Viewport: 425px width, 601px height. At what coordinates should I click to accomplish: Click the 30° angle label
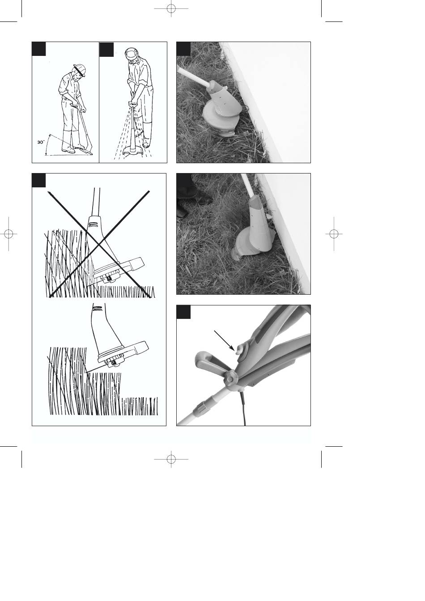(40, 142)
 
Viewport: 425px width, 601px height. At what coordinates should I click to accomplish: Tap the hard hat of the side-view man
(80, 70)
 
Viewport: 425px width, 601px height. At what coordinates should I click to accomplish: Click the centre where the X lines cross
(99, 244)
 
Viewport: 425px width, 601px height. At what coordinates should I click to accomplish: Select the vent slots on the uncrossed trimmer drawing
(97, 308)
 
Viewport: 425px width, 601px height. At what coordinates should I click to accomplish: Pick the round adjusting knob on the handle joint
(231, 379)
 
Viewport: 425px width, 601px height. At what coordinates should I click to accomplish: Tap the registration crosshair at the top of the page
(171, 8)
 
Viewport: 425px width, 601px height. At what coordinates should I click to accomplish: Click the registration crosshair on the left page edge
(8, 234)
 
